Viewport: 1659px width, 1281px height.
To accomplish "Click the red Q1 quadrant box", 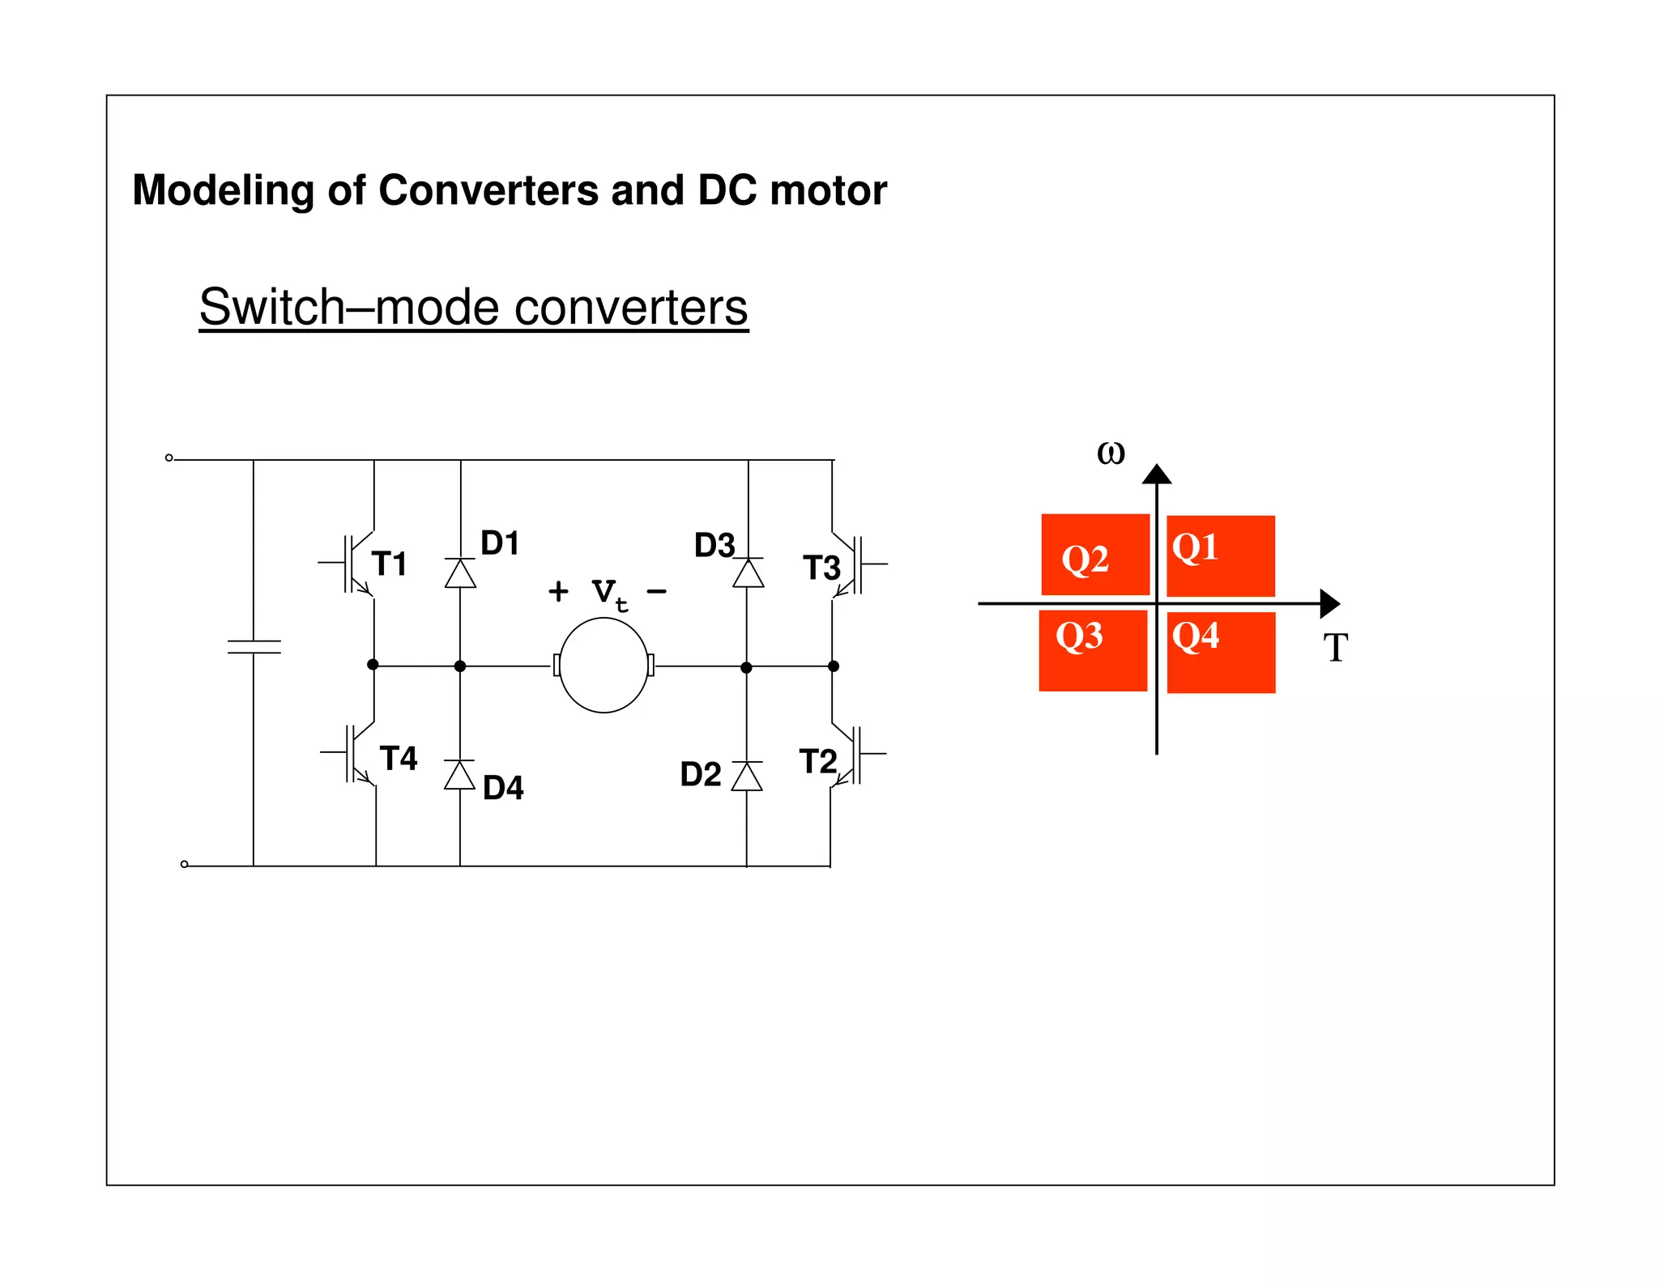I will pos(1221,555).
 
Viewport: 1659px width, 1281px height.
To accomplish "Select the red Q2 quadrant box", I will pos(1095,555).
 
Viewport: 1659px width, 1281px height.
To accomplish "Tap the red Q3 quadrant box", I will pos(1093,650).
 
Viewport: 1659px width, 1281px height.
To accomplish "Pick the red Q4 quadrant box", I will pos(1221,652).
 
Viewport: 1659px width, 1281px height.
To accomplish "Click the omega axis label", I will pos(1111,452).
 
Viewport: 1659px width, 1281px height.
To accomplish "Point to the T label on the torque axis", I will pos(1336,648).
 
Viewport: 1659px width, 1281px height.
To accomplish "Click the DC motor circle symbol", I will pos(603,665).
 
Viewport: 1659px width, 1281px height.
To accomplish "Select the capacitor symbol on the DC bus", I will pos(254,646).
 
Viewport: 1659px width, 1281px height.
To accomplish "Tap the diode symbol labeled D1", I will pos(460,572).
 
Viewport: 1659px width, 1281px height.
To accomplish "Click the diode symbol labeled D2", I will pos(746,777).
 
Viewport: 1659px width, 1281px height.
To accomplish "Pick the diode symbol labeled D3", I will pos(748,572).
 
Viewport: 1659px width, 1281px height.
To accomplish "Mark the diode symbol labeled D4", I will pos(459,775).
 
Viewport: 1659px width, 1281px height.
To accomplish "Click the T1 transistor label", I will pos(389,564).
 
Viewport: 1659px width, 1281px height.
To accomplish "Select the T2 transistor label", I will pos(817,762).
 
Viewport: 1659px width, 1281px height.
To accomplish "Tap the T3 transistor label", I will pos(821,568).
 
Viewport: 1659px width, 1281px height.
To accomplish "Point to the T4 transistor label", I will pos(399,759).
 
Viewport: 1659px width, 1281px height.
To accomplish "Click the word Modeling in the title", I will pos(224,191).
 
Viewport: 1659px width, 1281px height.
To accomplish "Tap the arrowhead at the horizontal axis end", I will pos(1329,603).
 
